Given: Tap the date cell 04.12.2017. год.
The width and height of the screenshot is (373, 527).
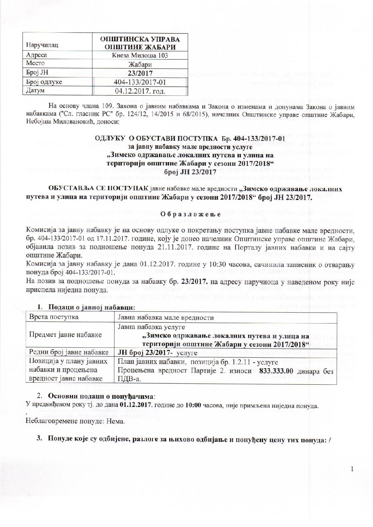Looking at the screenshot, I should click(x=140, y=92).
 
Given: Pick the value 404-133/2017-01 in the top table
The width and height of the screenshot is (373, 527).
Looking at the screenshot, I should click(x=140, y=82).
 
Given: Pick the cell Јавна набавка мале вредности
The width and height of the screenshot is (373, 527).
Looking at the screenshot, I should click(x=165, y=317).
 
